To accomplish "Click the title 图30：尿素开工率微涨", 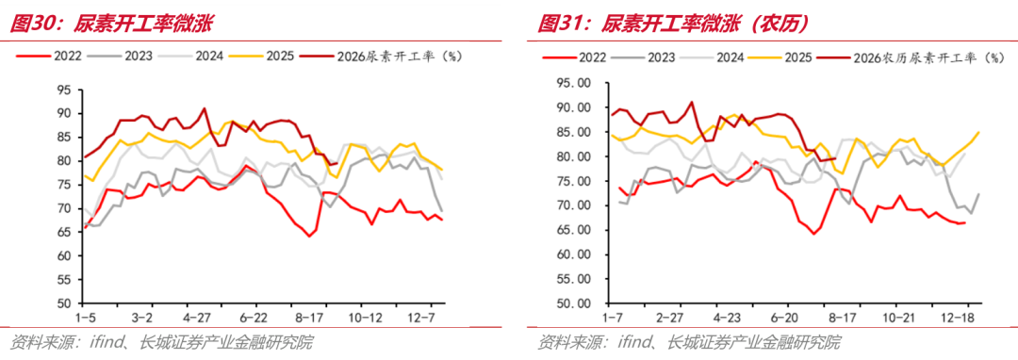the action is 112,24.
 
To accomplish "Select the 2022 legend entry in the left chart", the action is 49,56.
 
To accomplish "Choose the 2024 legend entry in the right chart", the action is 713,57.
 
